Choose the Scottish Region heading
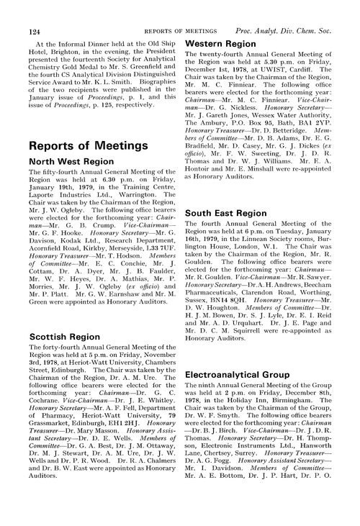(55, 336)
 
